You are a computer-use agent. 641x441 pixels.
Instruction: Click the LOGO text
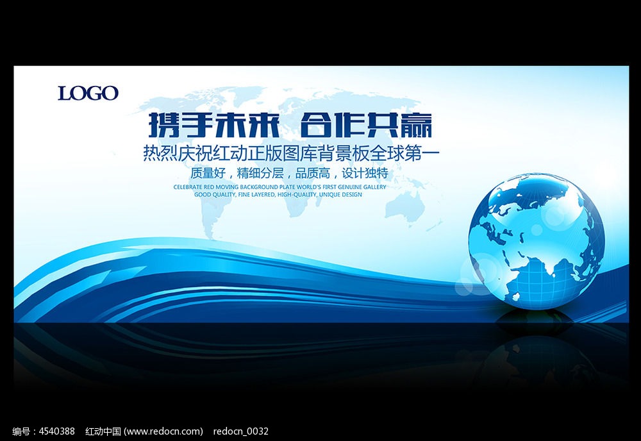click(88, 93)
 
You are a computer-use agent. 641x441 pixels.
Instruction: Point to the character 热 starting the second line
click(151, 154)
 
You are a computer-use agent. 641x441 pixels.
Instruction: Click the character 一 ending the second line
click(431, 154)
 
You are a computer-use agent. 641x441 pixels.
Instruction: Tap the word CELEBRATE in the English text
click(188, 187)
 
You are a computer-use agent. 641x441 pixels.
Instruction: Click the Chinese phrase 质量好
click(208, 173)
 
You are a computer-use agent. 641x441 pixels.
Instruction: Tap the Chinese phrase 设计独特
click(365, 173)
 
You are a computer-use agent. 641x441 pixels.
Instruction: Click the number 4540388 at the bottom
click(57, 431)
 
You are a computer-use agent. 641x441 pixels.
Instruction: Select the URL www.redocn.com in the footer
click(163, 431)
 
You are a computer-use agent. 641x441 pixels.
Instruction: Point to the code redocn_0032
click(241, 431)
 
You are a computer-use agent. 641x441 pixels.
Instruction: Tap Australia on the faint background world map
click(404, 206)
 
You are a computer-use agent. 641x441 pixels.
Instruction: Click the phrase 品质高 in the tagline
click(313, 173)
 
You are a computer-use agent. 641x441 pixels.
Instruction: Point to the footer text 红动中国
click(103, 431)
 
